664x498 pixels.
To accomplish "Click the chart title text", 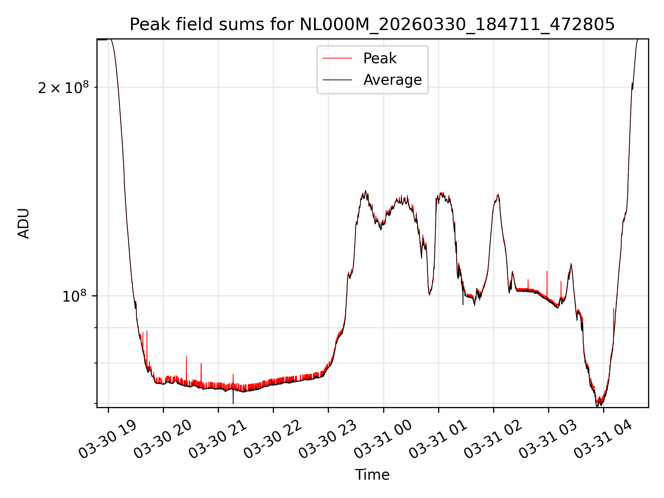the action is pos(372,24).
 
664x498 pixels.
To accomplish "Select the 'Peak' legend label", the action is pos(380,58).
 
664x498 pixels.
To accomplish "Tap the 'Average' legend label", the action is pos(393,80).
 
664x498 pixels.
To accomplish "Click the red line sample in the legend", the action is pos(337,58).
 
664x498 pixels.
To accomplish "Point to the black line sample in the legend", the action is pos(337,80).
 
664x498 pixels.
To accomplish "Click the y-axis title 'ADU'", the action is pos(24,223).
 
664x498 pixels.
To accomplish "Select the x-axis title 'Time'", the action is pos(372,475).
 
